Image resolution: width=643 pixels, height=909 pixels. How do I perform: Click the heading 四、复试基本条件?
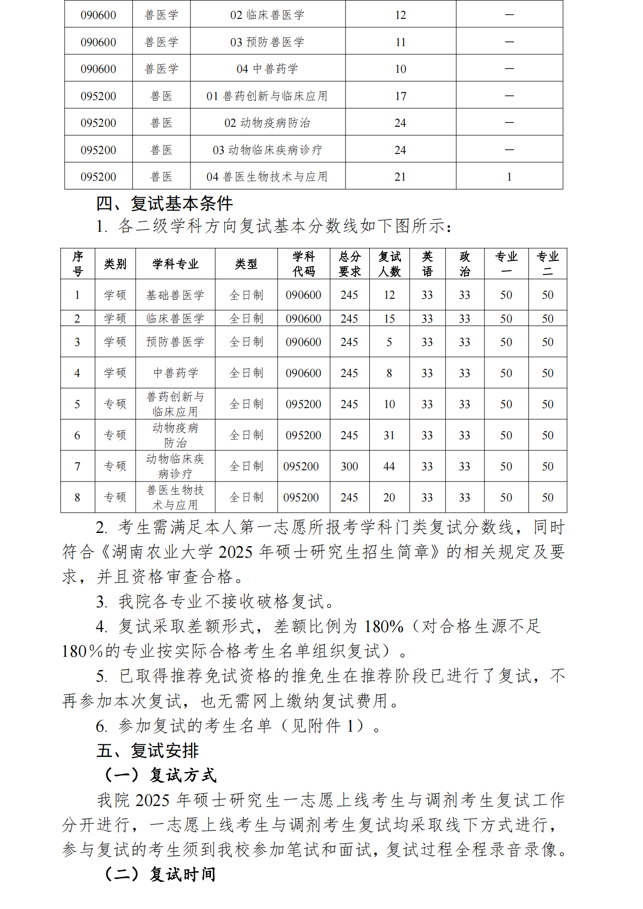(164, 204)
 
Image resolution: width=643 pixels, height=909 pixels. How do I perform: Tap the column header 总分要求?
(349, 264)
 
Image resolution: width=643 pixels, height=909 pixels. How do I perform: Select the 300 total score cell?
(349, 466)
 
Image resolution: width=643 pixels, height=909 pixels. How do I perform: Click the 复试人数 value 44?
(389, 466)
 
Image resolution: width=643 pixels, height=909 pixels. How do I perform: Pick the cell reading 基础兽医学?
(175, 295)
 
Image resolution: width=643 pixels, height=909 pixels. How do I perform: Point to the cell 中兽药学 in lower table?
(175, 373)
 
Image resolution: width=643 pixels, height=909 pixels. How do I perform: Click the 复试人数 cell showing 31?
(389, 435)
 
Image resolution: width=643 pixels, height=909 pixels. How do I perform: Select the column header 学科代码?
(304, 264)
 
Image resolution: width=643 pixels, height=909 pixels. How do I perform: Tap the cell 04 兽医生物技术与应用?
(267, 177)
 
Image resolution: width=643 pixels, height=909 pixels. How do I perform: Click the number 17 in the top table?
(400, 96)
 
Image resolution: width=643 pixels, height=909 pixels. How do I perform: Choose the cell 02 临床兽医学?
(267, 15)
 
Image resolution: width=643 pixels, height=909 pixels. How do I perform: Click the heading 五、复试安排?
(147, 751)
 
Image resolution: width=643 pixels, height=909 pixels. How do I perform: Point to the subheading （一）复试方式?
(160, 775)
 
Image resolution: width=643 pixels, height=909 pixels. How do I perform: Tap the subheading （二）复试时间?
(160, 874)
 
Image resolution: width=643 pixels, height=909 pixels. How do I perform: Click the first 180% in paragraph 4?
(383, 627)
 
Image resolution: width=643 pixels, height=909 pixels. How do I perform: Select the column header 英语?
(427, 264)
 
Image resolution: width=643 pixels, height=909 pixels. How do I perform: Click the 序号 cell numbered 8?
(77, 497)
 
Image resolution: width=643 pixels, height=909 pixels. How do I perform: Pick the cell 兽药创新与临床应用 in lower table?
(175, 404)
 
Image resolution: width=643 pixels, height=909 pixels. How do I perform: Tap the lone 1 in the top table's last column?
(509, 177)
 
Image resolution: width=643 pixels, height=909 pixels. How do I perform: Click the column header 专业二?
(547, 264)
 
